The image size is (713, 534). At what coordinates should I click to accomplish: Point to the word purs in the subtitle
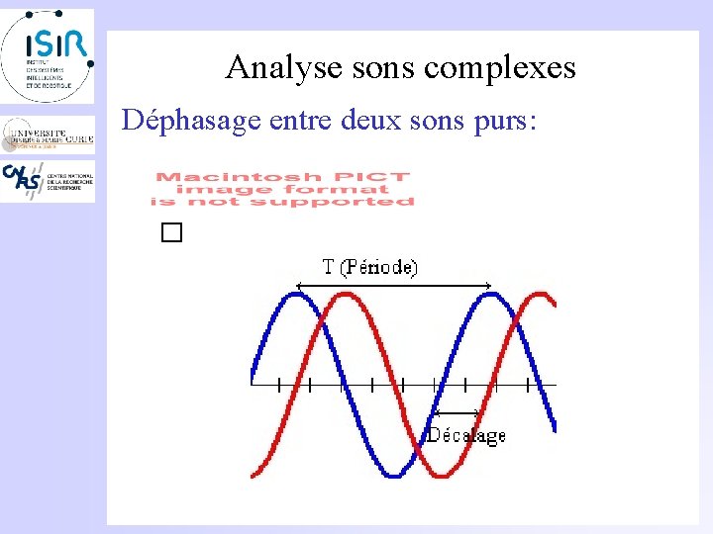(502, 122)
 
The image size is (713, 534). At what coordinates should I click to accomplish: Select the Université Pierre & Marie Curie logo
(48, 133)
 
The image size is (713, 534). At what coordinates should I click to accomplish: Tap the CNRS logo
(48, 181)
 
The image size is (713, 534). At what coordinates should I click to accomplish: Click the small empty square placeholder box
(173, 233)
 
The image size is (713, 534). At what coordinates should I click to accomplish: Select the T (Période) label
(370, 267)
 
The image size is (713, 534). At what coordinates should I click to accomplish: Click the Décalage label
(465, 435)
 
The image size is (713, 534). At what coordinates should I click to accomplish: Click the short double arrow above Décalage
(457, 412)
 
